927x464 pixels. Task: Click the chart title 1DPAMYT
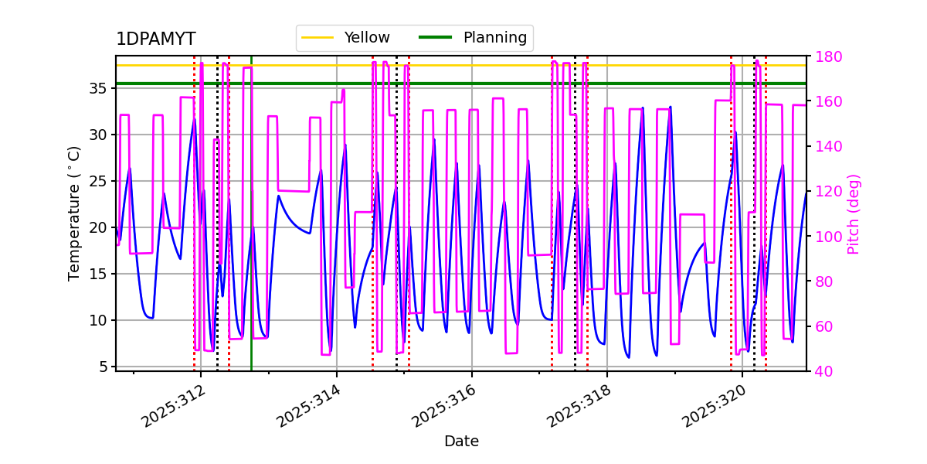[155, 39]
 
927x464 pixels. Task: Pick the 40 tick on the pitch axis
[823, 371]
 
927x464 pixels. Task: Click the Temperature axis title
[74, 213]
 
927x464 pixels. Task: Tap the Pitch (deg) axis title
[854, 213]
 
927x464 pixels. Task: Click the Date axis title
[461, 442]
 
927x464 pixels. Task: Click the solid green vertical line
[251, 232]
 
